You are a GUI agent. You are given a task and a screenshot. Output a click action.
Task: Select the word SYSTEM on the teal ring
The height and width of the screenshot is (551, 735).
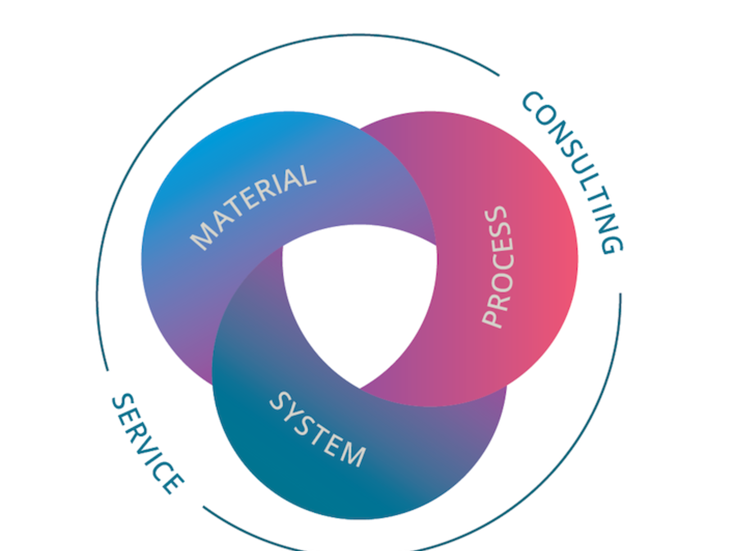(x=318, y=429)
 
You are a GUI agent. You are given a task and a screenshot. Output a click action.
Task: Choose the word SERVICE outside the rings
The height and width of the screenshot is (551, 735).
(x=147, y=443)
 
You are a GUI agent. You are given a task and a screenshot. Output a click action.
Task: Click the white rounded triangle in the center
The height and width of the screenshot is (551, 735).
(x=359, y=297)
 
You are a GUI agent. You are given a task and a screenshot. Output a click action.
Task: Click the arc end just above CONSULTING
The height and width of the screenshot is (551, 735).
(x=499, y=75)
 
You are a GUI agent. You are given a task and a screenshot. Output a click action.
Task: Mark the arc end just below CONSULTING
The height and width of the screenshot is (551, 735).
(x=620, y=294)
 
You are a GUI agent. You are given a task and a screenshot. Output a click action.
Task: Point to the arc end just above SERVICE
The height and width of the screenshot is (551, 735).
(x=107, y=370)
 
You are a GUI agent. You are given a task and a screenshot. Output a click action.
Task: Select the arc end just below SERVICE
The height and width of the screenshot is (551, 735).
(x=204, y=507)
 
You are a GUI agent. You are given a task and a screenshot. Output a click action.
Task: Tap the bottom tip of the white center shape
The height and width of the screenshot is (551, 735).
(x=359, y=387)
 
